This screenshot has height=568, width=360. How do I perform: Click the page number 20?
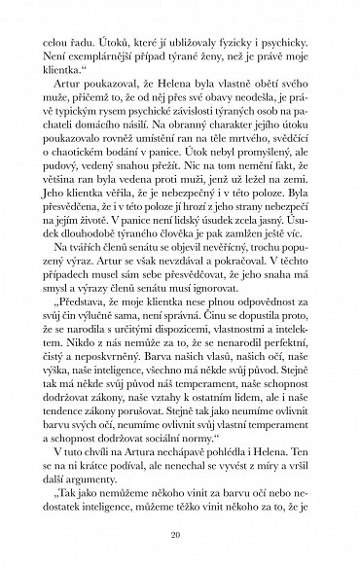tap(180, 530)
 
